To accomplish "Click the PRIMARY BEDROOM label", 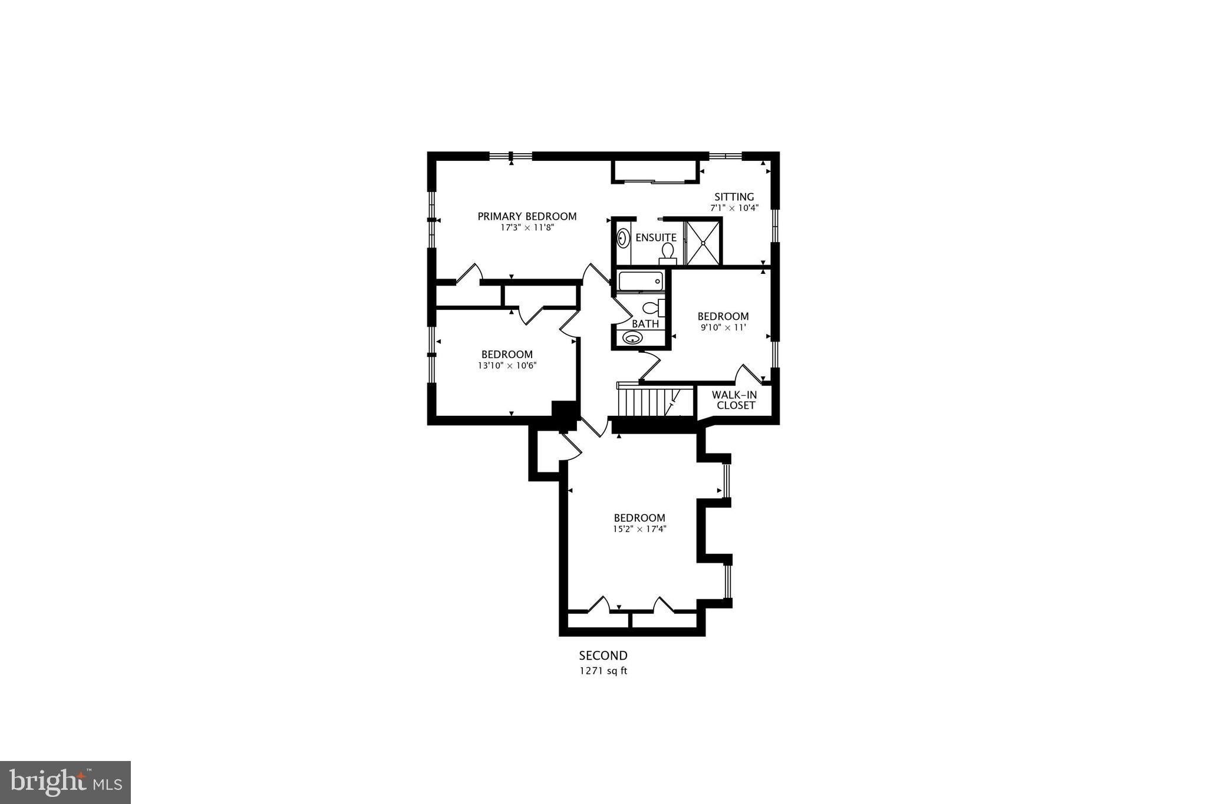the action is [527, 216].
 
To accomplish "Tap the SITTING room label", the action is [734, 197].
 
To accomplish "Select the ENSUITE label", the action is [656, 237].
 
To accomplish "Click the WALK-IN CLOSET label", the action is [734, 400].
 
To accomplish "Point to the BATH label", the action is [645, 324].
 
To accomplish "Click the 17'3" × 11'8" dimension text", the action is [527, 227].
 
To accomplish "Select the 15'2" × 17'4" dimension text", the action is [639, 529].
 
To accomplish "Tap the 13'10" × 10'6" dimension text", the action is [507, 365].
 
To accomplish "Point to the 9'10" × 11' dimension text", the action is [723, 327].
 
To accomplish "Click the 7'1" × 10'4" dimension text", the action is [734, 208].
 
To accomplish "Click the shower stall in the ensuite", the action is [703, 243].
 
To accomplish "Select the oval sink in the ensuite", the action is [623, 239].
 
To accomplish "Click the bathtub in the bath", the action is [640, 282].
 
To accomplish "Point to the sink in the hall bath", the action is [632, 338].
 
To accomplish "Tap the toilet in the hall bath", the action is [653, 307].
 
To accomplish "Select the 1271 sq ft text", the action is [603, 671].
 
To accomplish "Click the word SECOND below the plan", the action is [603, 656].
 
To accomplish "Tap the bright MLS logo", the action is [65, 782].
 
